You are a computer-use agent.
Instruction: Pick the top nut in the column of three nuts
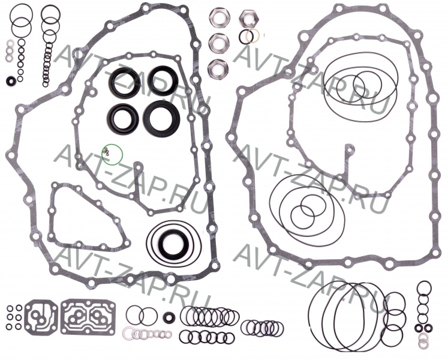coord(218,17)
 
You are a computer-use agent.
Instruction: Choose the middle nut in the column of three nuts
coord(218,42)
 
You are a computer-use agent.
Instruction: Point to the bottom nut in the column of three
coord(218,67)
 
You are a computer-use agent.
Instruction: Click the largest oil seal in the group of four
coord(161,116)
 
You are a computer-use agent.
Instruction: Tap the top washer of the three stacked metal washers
coord(10,44)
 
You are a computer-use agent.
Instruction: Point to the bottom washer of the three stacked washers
coord(10,58)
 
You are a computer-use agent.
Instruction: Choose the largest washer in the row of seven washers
coord(128,333)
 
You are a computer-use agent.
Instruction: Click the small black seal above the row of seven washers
coord(169,317)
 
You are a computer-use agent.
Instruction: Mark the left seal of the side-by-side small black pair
coord(419,328)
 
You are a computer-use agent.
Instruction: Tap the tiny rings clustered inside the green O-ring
coord(106,152)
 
